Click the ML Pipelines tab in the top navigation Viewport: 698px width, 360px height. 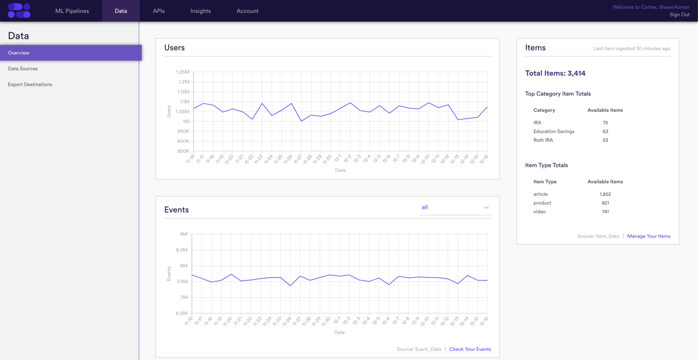(72, 11)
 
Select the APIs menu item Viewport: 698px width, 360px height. (159, 11)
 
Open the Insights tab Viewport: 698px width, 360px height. (200, 11)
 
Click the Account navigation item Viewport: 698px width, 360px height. (247, 11)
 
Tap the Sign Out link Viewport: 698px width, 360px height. (679, 15)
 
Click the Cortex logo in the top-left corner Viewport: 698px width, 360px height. (19, 10)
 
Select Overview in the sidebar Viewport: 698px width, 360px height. (19, 53)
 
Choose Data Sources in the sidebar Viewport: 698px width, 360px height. (23, 69)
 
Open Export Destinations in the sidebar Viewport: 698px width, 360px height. (30, 85)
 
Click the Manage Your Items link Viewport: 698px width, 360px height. (648, 236)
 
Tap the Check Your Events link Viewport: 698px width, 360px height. (470, 349)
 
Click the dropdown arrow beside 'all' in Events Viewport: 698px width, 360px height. (486, 208)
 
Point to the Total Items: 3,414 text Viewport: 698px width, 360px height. (555, 73)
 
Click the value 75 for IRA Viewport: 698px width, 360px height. (605, 123)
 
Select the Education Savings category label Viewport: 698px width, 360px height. (553, 131)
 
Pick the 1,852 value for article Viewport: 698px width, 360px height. (605, 194)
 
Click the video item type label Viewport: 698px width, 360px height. (539, 212)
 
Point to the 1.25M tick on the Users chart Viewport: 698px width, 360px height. (183, 72)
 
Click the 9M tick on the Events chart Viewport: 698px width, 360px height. (184, 234)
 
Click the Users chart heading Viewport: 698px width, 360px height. (174, 48)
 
